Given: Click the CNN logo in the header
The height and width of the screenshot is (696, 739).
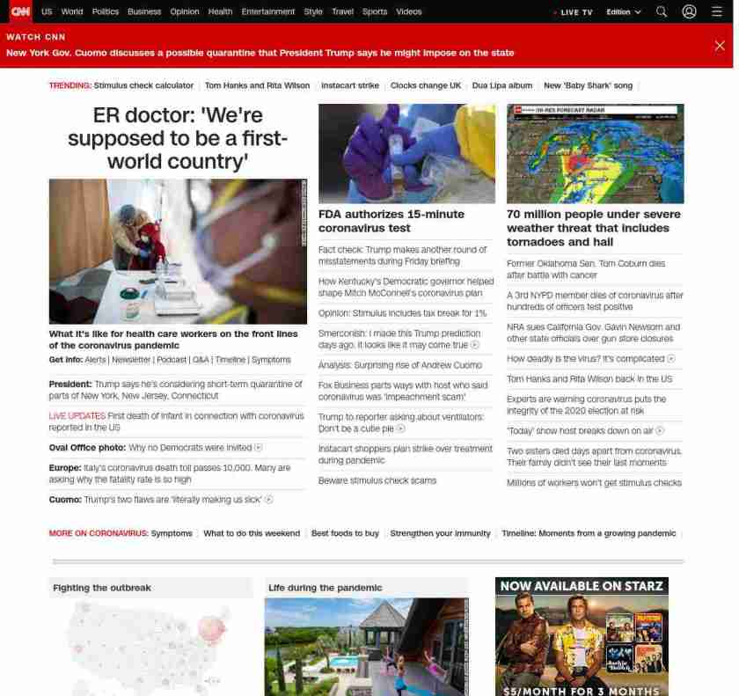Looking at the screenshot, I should (x=19, y=11).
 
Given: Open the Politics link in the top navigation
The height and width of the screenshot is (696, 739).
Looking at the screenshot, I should (x=106, y=12).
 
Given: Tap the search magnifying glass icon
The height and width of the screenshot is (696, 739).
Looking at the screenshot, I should (x=662, y=11).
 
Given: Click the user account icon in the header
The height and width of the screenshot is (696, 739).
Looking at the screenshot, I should (x=689, y=11).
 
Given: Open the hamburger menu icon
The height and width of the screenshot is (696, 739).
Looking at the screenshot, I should (x=717, y=11).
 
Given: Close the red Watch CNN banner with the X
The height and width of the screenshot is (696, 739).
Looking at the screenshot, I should (x=720, y=46).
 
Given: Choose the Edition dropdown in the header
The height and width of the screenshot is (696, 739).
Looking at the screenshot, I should (x=623, y=12).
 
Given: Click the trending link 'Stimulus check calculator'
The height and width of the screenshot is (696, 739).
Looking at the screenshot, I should (x=143, y=85).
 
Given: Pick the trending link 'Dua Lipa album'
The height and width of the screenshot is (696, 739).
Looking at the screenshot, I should (x=502, y=85).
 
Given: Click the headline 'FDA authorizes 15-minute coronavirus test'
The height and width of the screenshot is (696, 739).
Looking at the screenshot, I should (x=391, y=221).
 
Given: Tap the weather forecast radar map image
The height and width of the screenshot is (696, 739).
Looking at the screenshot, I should (x=595, y=154).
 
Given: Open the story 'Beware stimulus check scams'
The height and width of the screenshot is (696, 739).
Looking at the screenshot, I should (x=377, y=480).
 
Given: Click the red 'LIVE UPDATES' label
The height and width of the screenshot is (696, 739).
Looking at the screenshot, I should (x=77, y=415).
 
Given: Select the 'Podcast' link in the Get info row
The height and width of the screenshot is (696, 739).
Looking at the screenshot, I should (x=172, y=360).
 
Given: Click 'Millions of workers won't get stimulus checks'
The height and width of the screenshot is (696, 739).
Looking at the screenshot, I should (x=594, y=482).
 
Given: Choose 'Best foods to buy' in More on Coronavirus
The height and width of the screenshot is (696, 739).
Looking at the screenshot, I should (x=345, y=533).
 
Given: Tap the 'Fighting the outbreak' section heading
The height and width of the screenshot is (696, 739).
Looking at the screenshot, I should (x=102, y=588).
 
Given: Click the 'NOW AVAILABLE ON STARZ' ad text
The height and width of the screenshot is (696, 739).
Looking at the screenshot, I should (x=582, y=586).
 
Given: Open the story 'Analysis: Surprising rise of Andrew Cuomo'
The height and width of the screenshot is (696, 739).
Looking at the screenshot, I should (x=400, y=365).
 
